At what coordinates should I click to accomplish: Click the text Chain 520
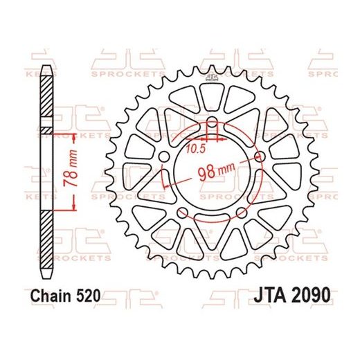click(x=66, y=295)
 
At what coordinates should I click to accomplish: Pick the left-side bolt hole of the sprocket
click(x=164, y=159)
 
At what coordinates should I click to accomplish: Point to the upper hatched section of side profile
click(x=46, y=97)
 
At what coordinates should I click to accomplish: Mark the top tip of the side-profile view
click(x=46, y=66)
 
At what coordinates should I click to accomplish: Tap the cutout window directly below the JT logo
click(x=212, y=100)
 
